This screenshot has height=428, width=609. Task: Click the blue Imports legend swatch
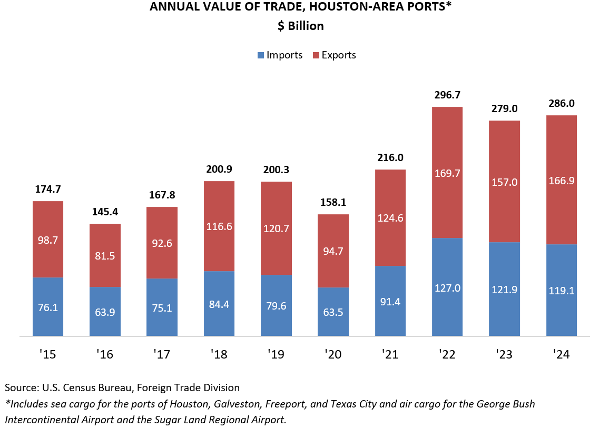(x=260, y=55)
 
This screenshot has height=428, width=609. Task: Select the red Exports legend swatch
(x=316, y=55)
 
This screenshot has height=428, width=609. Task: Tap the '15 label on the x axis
(x=48, y=355)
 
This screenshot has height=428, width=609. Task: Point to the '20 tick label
(x=333, y=355)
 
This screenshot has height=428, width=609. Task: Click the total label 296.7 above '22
(x=447, y=95)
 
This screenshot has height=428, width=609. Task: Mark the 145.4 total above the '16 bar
(x=105, y=212)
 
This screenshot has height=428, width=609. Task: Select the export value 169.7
(x=447, y=173)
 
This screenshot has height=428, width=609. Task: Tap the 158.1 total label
(x=333, y=203)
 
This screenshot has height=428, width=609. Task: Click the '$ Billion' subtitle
(x=301, y=26)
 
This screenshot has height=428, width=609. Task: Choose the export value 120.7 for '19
(x=276, y=229)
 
